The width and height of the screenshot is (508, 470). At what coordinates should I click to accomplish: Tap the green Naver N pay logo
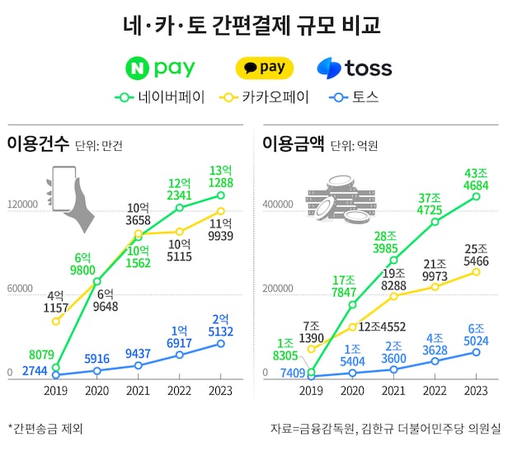(162, 68)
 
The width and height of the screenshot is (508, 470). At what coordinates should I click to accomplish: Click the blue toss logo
(355, 68)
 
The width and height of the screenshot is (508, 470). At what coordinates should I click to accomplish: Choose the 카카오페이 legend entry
(265, 97)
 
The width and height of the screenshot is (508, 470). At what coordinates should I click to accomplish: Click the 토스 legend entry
(355, 97)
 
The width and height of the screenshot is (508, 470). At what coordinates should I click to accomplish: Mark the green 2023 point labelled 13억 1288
(221, 195)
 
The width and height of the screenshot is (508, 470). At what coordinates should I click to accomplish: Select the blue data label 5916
(96, 359)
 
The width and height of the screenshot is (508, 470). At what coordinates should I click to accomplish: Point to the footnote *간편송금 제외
(46, 429)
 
